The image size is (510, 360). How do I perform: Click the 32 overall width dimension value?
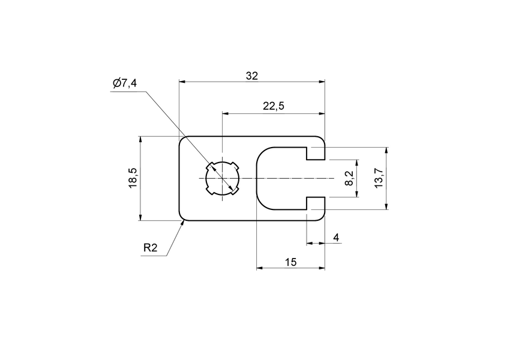click(x=252, y=76)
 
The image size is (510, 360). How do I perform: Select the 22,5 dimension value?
click(x=273, y=106)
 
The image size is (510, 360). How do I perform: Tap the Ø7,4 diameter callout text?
click(x=124, y=83)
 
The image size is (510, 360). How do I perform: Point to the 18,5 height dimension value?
click(x=133, y=178)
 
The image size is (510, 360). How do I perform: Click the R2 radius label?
click(x=150, y=248)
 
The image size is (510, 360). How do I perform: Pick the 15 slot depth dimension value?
click(x=290, y=262)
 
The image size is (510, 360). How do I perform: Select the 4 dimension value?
click(x=336, y=238)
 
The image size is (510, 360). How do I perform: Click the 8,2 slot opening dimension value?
click(x=350, y=178)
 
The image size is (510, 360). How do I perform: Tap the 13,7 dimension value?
click(x=378, y=178)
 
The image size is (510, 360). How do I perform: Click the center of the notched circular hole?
click(x=222, y=178)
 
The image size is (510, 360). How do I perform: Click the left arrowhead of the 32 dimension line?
click(x=183, y=82)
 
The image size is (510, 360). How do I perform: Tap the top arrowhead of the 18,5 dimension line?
click(x=140, y=140)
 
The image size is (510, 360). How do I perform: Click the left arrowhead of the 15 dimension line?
click(x=260, y=268)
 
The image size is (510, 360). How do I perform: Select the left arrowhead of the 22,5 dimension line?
click(x=226, y=113)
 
